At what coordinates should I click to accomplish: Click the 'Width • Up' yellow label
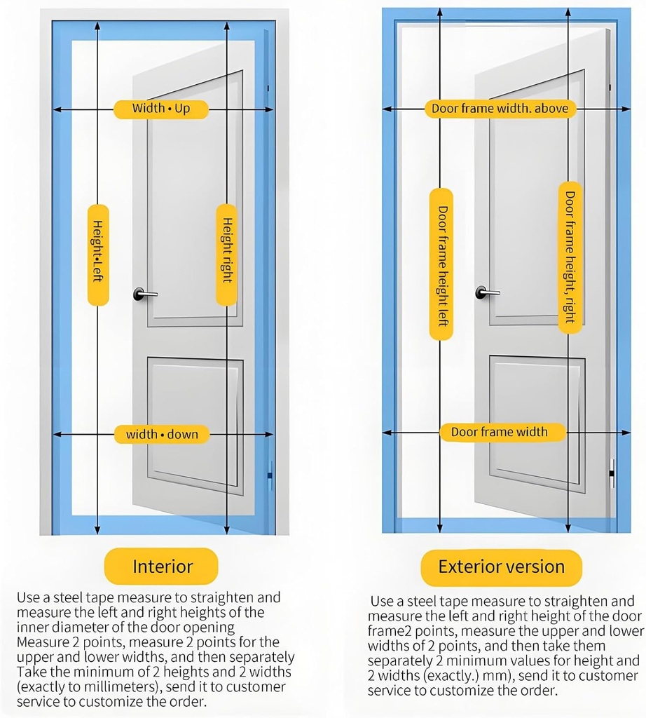[x=161, y=109]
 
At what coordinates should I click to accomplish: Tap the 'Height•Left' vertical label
[x=98, y=255]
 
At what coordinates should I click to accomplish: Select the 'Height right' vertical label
[x=226, y=255]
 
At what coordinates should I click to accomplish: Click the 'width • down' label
[x=162, y=435]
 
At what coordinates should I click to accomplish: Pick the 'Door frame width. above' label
[x=500, y=109]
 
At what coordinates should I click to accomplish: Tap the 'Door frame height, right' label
[x=570, y=257]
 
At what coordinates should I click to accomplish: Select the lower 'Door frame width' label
[x=499, y=432]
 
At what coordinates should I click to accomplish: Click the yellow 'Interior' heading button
[x=162, y=567]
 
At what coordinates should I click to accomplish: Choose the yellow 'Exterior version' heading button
[x=501, y=567]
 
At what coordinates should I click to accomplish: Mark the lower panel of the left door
[x=195, y=421]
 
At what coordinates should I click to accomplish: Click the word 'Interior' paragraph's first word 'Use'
[x=27, y=598]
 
